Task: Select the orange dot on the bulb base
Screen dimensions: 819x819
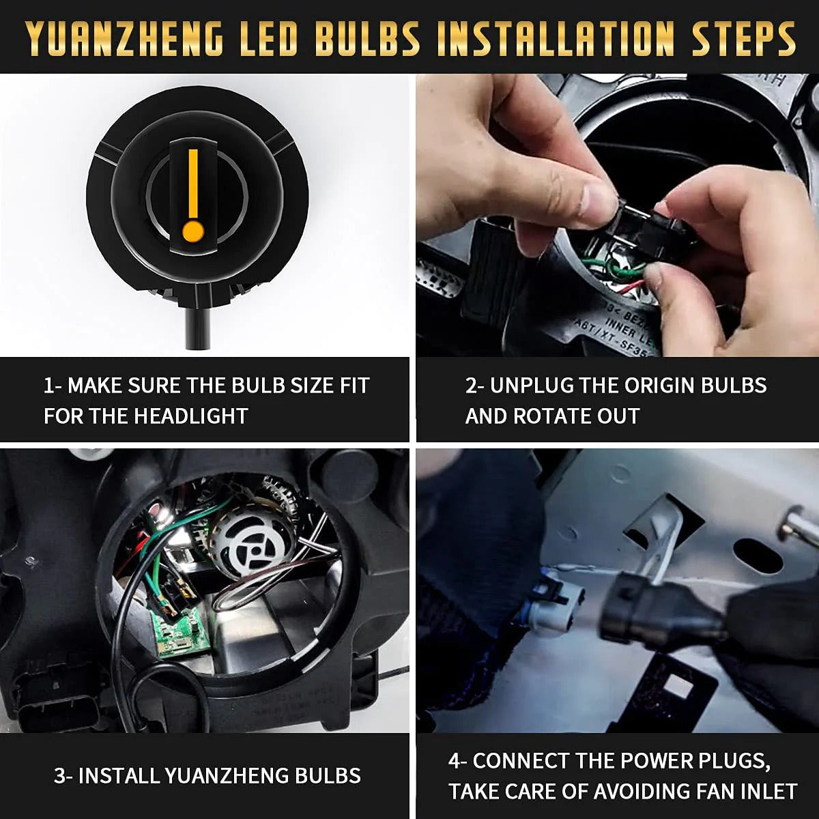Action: [x=193, y=231]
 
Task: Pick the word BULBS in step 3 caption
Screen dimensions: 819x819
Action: [x=328, y=775]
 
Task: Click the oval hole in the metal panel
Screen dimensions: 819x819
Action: [x=758, y=556]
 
